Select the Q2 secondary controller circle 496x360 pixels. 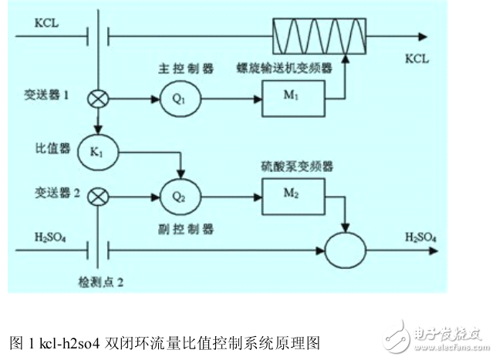(177, 197)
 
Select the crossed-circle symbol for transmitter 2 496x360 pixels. (98, 197)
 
